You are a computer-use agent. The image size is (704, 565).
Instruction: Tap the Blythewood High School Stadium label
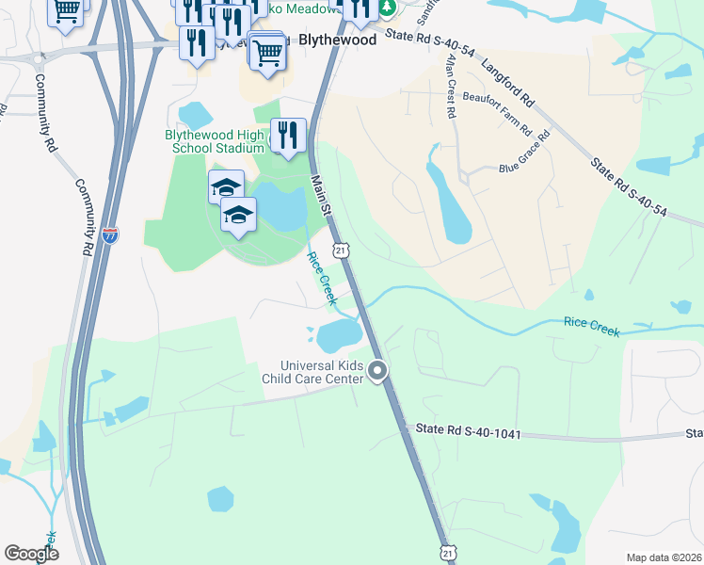click(x=215, y=141)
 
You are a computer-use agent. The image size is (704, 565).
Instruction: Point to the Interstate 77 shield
click(x=110, y=234)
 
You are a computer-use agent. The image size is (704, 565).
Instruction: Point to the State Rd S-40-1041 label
click(x=467, y=431)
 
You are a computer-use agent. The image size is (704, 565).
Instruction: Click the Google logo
click(x=31, y=554)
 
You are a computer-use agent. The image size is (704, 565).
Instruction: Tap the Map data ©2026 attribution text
click(x=663, y=557)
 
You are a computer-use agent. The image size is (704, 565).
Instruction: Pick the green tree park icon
click(x=388, y=8)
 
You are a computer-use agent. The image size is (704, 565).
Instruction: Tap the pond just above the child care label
click(x=339, y=333)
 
